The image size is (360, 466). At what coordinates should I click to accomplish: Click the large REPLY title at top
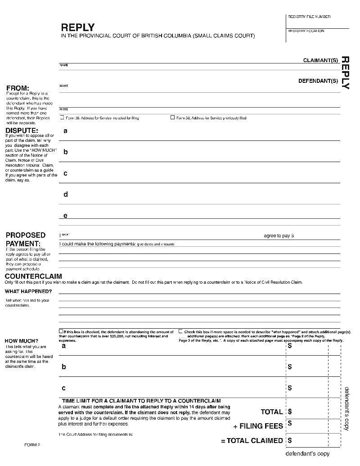tap(77, 27)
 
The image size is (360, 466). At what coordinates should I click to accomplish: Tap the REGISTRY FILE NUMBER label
tap(309, 17)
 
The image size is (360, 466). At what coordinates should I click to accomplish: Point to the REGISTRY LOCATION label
tap(306, 31)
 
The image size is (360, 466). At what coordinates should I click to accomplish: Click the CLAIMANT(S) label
tap(320, 60)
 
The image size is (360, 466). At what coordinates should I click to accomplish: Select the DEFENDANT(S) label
tap(318, 81)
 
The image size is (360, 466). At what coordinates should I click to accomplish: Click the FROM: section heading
tap(18, 88)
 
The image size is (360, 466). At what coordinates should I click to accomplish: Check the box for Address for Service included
tap(62, 118)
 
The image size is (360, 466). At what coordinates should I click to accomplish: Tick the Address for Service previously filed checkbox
tap(172, 118)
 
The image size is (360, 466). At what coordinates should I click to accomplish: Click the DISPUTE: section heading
tap(22, 131)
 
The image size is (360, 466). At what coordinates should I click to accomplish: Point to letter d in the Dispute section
tap(66, 195)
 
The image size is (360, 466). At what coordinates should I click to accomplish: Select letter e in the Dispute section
tap(66, 216)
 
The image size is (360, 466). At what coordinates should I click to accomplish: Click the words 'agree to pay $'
tap(279, 236)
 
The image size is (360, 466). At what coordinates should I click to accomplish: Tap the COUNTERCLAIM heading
tap(33, 276)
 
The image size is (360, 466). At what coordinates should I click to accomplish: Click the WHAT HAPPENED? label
tap(28, 291)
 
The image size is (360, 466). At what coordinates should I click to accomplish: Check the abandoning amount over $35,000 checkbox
tap(61, 331)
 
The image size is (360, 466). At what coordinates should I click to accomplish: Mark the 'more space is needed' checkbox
tap(181, 331)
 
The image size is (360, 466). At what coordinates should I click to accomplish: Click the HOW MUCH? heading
tap(22, 340)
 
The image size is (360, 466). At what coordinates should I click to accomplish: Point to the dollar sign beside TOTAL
tap(290, 412)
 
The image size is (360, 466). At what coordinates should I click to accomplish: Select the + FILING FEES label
tap(258, 426)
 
